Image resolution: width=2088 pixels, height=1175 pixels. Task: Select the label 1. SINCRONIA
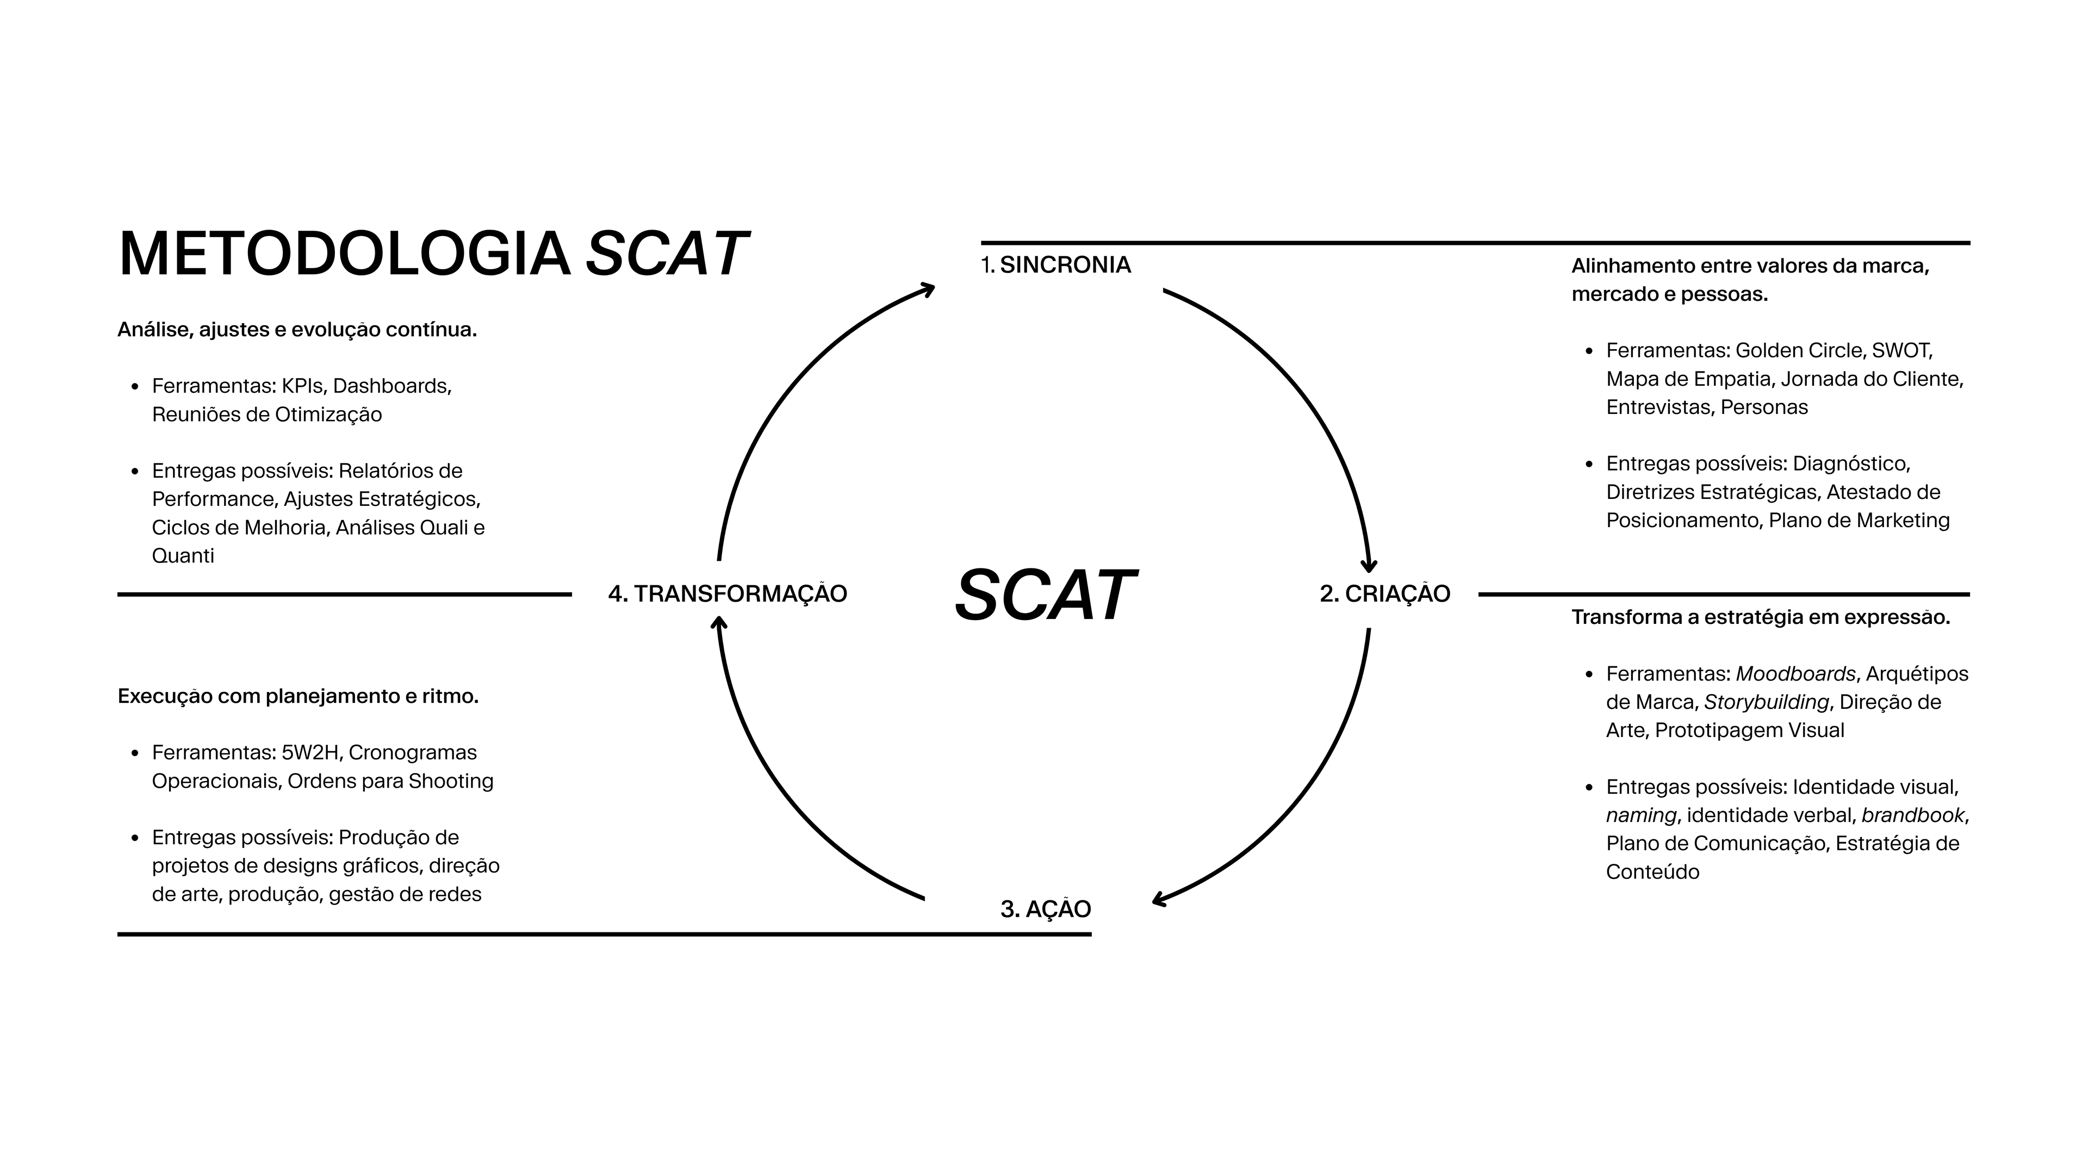click(x=1055, y=265)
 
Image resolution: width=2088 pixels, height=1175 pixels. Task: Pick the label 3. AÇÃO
click(x=1046, y=909)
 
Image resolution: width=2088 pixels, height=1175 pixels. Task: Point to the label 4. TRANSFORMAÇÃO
click(x=727, y=593)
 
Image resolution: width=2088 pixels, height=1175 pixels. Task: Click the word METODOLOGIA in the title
click(x=345, y=255)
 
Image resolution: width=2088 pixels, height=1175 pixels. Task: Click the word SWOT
click(x=1901, y=350)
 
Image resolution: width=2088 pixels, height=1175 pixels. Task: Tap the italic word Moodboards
click(x=1795, y=674)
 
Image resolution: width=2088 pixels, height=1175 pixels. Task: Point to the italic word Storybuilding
click(x=1766, y=702)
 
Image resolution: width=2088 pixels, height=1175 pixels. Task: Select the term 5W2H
click(x=309, y=752)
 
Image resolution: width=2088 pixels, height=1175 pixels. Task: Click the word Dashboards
click(x=391, y=386)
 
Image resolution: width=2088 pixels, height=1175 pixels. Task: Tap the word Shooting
click(x=451, y=781)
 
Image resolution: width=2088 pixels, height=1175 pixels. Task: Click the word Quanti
click(x=183, y=556)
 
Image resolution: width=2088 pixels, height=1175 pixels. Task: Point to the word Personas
click(x=1764, y=407)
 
